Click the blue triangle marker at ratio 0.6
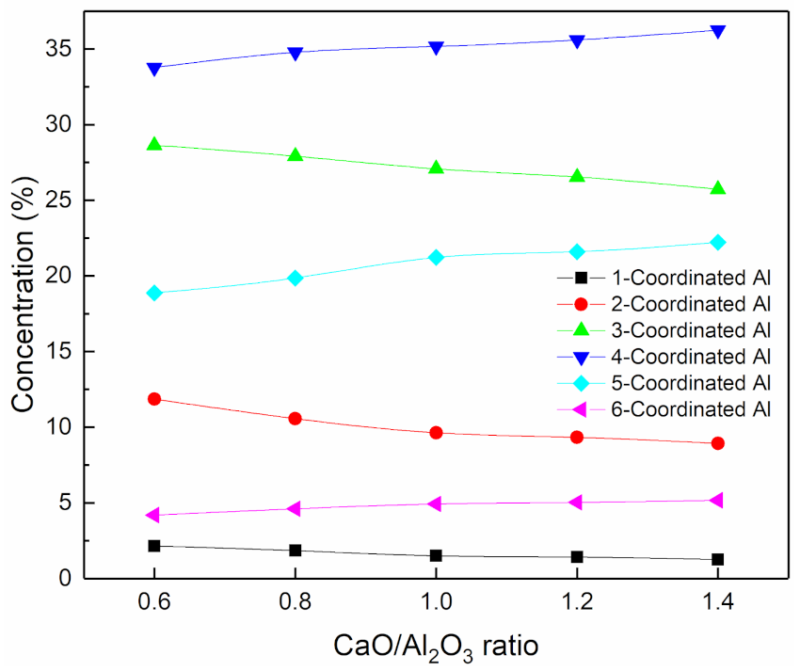(154, 68)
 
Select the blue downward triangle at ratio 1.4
(718, 31)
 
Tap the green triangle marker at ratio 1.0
(436, 168)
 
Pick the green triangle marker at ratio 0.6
(154, 144)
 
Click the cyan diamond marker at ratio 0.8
(296, 278)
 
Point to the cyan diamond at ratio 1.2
(577, 251)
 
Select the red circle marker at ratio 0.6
(154, 399)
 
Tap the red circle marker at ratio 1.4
(718, 443)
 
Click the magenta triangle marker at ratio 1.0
(436, 503)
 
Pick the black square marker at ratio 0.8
(296, 551)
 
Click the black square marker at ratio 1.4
(718, 559)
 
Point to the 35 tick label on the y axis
(57, 49)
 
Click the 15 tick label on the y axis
(57, 352)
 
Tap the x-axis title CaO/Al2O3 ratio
(437, 647)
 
